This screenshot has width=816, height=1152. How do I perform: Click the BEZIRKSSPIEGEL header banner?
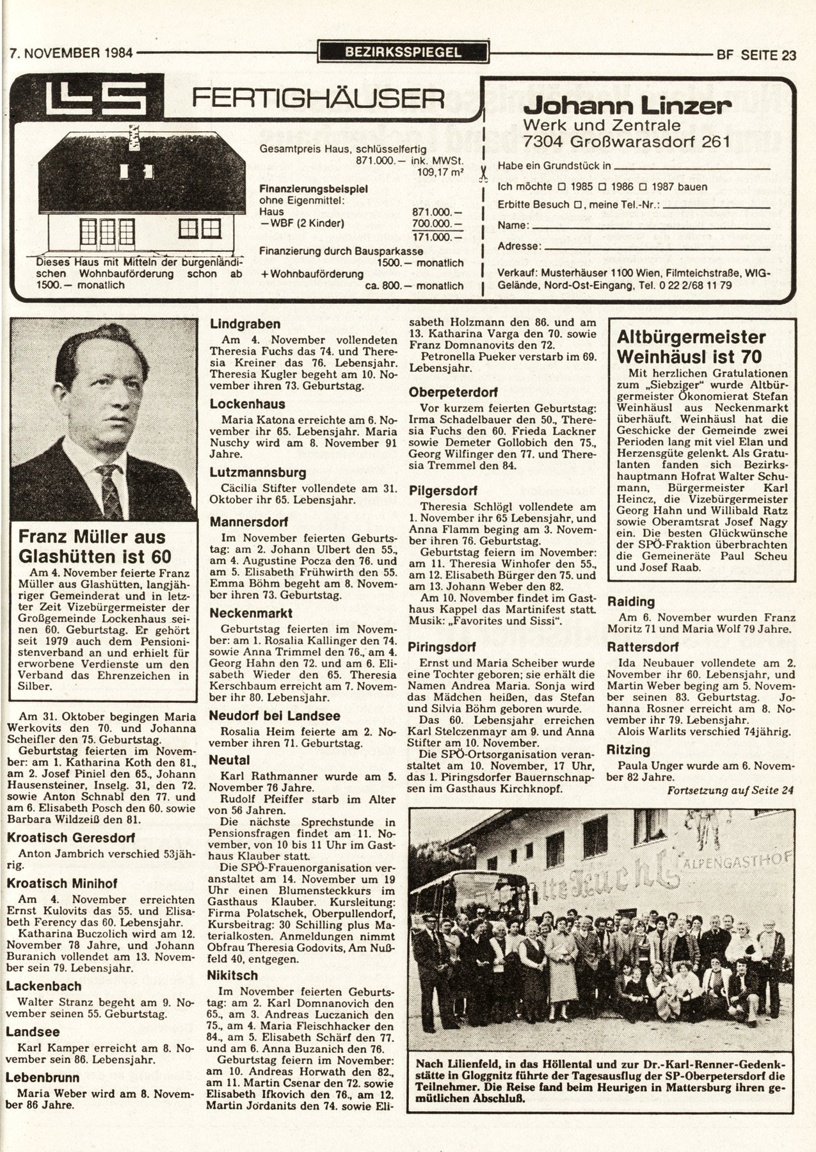(x=403, y=52)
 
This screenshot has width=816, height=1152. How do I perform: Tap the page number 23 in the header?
(x=787, y=55)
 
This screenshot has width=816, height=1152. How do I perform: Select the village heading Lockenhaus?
(x=247, y=404)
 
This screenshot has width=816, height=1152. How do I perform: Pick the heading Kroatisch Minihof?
(x=61, y=883)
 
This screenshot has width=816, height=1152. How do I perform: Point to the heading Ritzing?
(x=628, y=749)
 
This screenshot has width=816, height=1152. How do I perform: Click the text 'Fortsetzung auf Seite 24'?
(x=730, y=790)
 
